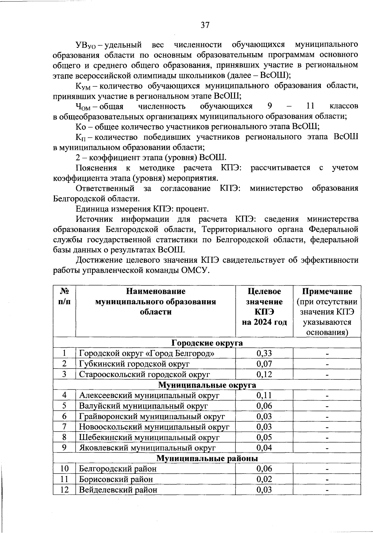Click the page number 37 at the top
click(x=205, y=25)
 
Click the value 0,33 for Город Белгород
click(x=264, y=353)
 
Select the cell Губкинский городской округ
click(x=134, y=364)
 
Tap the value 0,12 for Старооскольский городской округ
click(x=264, y=374)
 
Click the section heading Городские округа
click(x=207, y=343)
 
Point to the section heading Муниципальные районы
click(x=207, y=458)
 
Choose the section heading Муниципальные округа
click(x=207, y=385)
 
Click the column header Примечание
click(x=327, y=291)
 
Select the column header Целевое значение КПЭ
click(x=264, y=307)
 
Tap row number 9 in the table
click(x=64, y=448)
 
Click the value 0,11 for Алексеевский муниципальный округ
click(x=264, y=396)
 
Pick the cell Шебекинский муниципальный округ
click(x=149, y=437)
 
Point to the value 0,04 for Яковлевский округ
click(x=264, y=448)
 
